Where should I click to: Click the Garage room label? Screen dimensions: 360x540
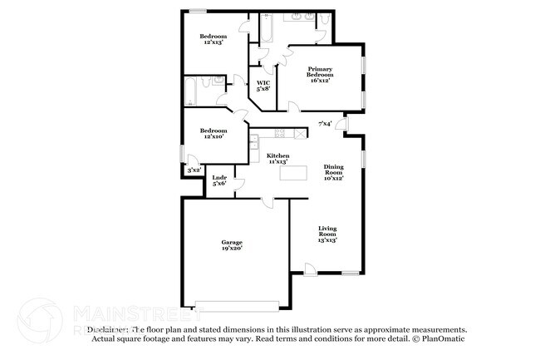tap(232, 245)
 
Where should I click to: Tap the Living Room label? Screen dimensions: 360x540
tap(327, 234)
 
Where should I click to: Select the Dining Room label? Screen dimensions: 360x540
tap(333, 172)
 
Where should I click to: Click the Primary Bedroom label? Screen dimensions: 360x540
tap(320, 75)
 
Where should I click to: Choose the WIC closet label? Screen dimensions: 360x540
tap(263, 86)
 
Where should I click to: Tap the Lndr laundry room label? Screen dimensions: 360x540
tap(219, 180)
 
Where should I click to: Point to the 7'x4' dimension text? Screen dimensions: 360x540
tap(326, 124)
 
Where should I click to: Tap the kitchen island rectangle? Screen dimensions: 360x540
tap(292, 174)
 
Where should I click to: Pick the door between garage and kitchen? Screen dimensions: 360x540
tap(266, 202)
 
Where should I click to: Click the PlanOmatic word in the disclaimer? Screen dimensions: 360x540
tap(442, 338)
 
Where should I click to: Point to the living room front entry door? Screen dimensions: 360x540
tap(309, 269)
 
